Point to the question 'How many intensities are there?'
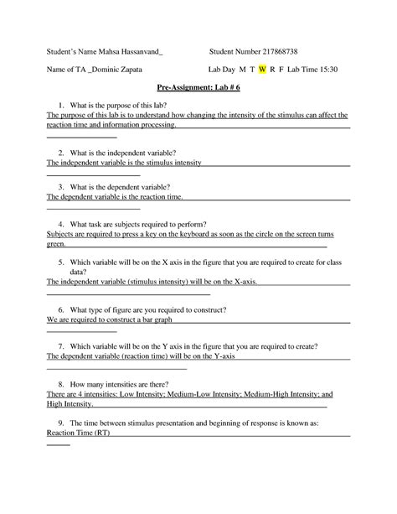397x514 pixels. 129,382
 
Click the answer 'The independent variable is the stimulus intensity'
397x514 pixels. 124,163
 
